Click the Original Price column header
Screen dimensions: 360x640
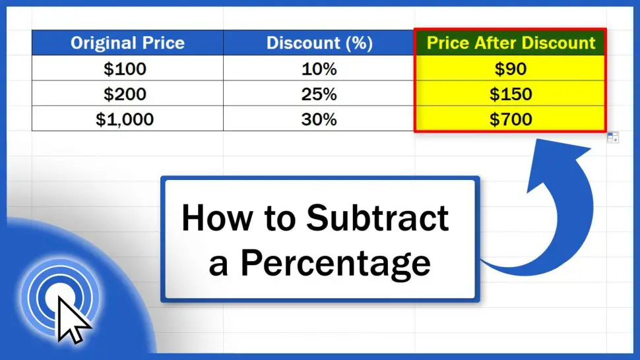(x=127, y=44)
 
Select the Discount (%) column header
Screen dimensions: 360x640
(x=319, y=44)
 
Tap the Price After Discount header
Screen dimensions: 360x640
(x=511, y=44)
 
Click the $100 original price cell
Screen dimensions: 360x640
(x=127, y=69)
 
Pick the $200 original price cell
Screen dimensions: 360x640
(x=127, y=94)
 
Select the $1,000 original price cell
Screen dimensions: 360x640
(x=127, y=119)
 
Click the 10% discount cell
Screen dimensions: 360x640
(x=319, y=69)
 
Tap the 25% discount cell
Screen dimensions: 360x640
(x=319, y=94)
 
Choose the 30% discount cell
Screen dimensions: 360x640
(x=319, y=119)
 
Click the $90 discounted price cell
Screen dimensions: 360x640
(x=511, y=69)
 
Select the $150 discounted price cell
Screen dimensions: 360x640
(x=511, y=94)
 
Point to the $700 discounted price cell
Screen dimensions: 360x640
(x=511, y=119)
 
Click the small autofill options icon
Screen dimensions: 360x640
(x=613, y=137)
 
